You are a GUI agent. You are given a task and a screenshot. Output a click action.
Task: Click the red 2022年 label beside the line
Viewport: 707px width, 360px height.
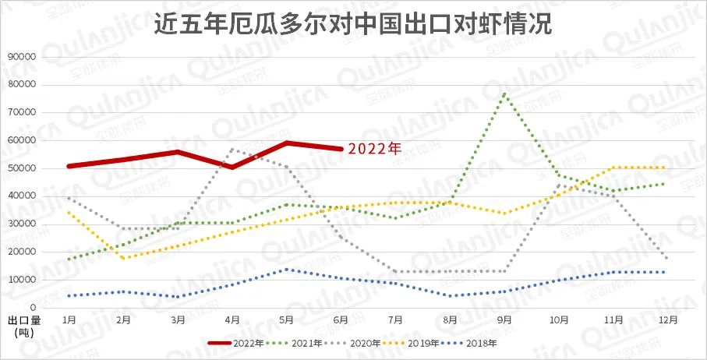[374, 148]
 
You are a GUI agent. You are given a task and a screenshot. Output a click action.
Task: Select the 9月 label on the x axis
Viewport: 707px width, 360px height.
[505, 319]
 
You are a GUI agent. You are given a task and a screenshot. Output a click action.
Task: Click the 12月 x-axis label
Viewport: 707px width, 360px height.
[668, 319]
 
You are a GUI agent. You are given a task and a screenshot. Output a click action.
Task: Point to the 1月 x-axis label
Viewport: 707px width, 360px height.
[69, 319]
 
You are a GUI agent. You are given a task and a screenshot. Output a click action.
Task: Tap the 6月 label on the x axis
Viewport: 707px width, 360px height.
[341, 319]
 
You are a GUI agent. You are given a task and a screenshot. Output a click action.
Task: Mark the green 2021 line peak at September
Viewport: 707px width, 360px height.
[505, 94]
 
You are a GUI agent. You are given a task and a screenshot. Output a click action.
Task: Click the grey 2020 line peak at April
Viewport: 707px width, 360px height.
[232, 149]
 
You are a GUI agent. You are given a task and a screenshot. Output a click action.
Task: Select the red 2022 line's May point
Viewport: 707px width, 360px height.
[287, 143]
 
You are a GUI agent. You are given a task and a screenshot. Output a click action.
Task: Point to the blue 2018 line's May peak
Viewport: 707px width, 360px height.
[287, 269]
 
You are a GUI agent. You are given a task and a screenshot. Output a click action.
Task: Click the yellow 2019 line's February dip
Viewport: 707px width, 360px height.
[124, 258]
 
